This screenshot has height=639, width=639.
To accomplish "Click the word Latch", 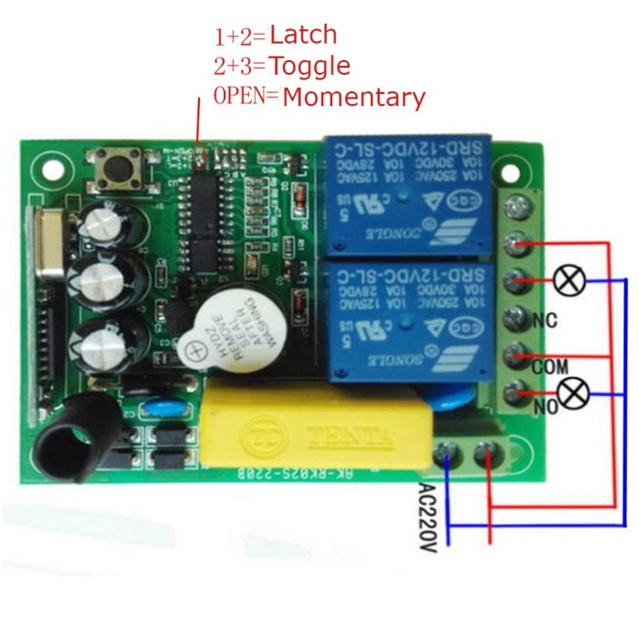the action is (x=303, y=36).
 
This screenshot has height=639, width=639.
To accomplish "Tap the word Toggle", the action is (x=309, y=66).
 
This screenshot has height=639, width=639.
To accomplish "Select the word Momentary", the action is (x=353, y=97).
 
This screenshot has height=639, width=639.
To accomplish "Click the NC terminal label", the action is (x=545, y=320).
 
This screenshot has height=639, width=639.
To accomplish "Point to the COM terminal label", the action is (x=550, y=366).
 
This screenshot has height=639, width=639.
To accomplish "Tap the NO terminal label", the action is (x=546, y=407).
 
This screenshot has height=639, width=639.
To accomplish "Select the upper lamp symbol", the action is (x=570, y=280).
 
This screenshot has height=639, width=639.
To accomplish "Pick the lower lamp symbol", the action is (x=572, y=393).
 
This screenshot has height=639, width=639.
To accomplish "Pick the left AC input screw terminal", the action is (x=446, y=451).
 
